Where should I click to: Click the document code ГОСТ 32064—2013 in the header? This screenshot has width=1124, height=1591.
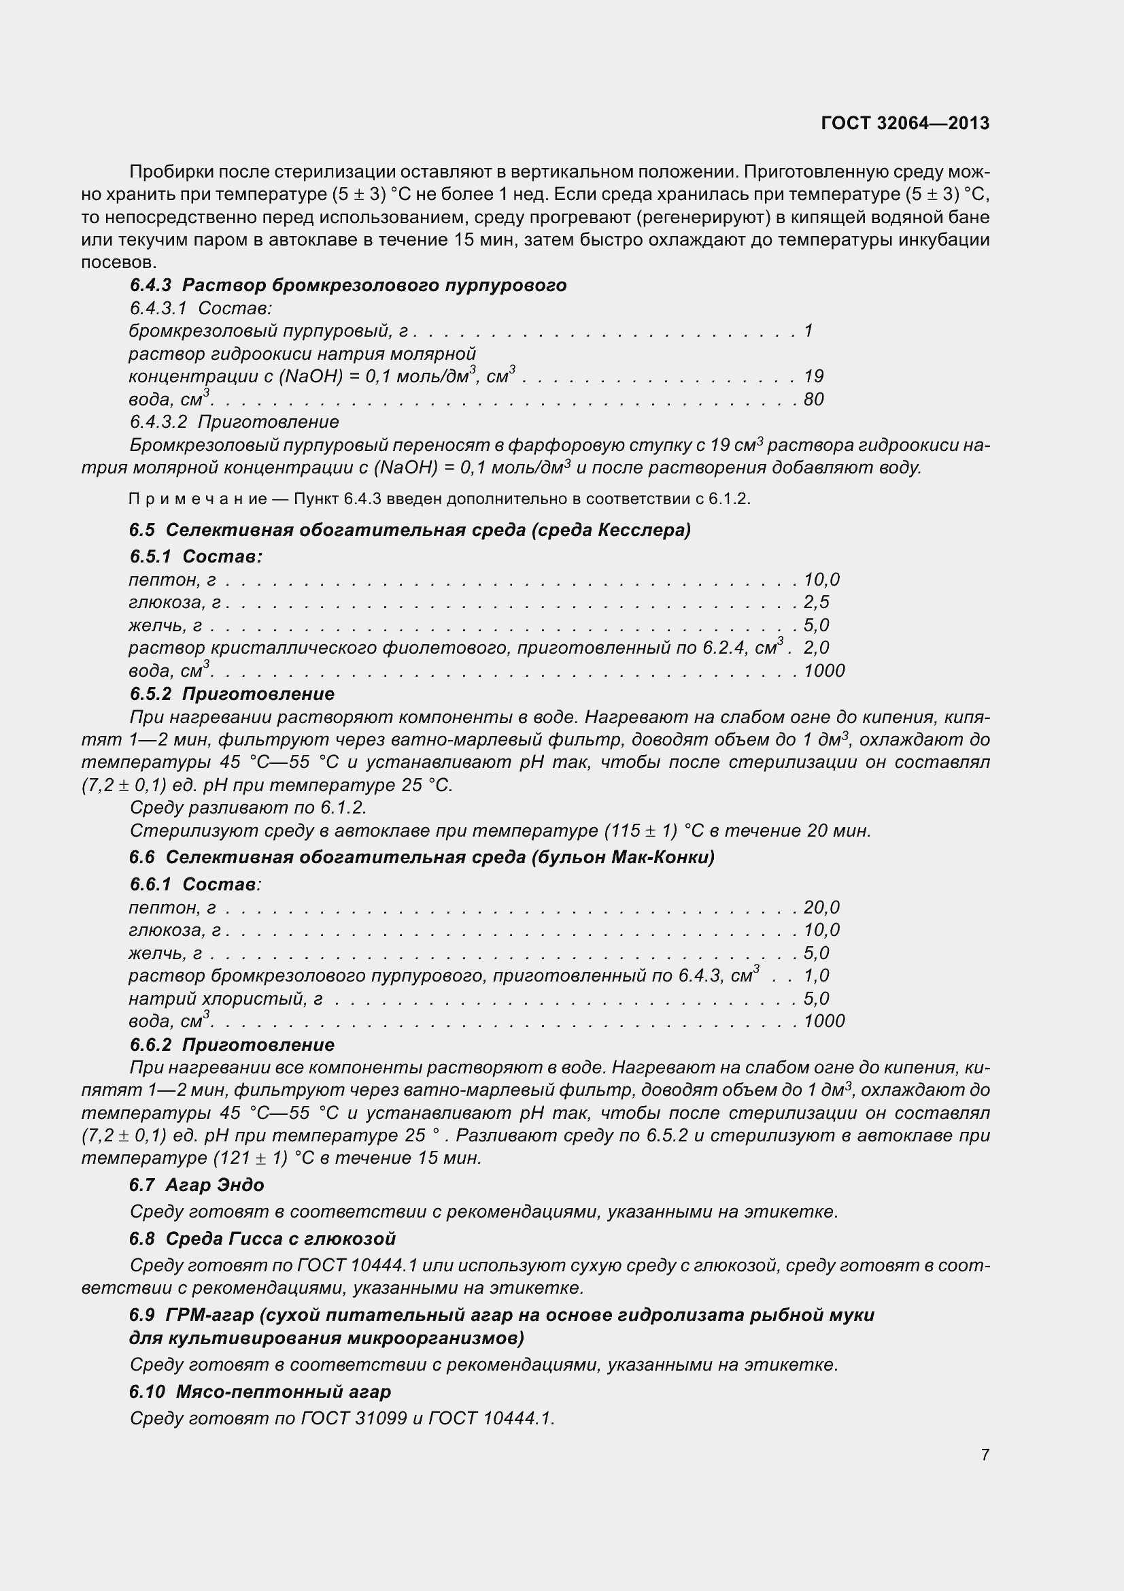(x=904, y=123)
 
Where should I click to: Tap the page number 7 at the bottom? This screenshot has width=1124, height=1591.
(x=985, y=1454)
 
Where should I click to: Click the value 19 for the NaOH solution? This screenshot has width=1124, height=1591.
(x=813, y=376)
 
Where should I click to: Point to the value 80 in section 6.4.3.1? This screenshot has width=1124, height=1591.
(x=813, y=399)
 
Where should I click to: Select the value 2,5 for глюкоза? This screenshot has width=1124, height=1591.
(x=816, y=602)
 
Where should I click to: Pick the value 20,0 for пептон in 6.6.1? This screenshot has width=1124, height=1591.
(x=821, y=907)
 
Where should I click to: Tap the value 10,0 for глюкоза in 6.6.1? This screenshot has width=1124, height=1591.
(x=821, y=930)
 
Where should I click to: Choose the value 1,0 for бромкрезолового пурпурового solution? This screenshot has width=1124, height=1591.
(x=816, y=975)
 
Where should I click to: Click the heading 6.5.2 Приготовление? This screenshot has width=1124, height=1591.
(x=231, y=694)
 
